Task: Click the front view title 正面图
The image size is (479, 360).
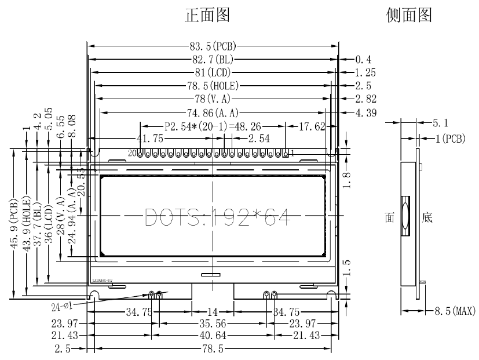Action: click(207, 16)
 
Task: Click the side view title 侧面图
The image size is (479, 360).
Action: click(409, 16)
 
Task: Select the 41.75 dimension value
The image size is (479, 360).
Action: click(150, 139)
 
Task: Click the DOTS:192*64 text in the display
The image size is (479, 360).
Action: click(217, 216)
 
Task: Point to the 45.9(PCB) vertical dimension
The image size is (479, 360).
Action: click(13, 224)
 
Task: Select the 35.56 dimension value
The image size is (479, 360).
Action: click(213, 324)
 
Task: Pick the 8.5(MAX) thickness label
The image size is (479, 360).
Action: click(455, 312)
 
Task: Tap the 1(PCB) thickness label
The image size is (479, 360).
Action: click(449, 139)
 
